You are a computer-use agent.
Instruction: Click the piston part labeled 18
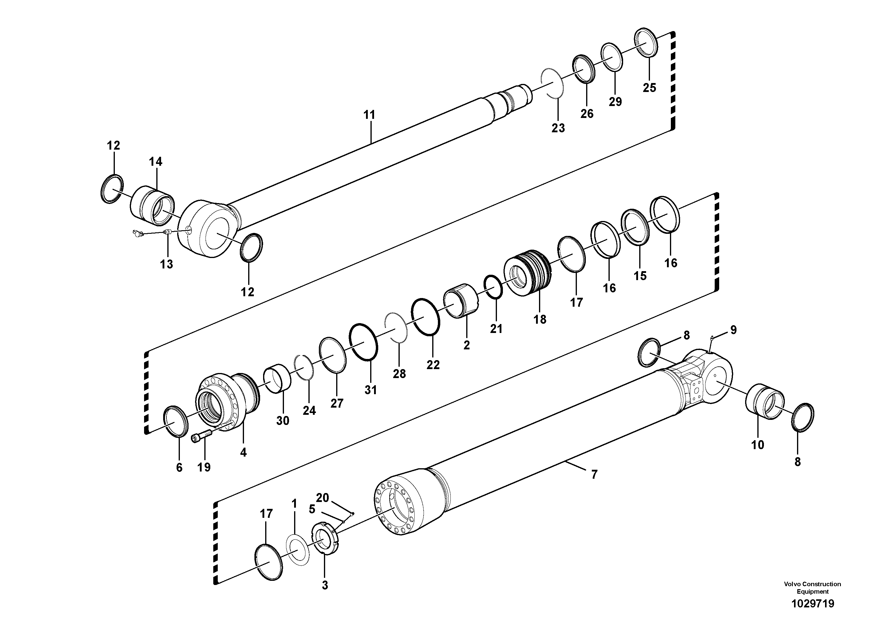[528, 273]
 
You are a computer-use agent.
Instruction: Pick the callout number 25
[649, 87]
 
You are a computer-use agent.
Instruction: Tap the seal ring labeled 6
[176, 422]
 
